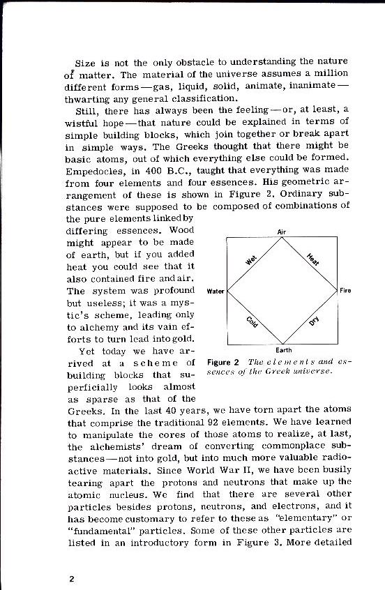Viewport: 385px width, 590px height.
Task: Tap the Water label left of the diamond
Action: pos(217,290)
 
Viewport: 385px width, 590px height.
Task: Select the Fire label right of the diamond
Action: pos(345,290)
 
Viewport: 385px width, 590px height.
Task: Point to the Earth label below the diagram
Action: pos(284,349)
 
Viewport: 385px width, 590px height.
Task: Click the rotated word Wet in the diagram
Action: pos(252,261)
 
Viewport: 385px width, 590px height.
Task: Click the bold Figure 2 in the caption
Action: pos(223,363)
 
